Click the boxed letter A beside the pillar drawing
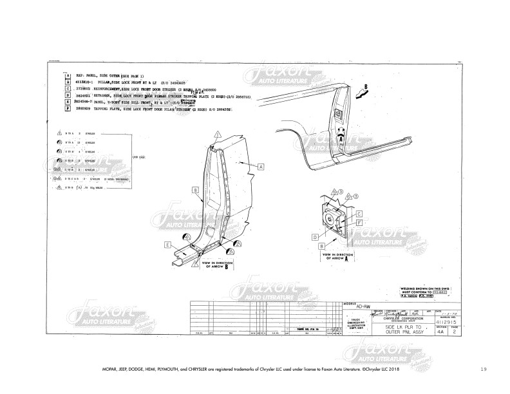(261, 165)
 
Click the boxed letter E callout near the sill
(167, 245)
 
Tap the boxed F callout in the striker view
(359, 222)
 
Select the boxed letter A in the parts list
(68, 75)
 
